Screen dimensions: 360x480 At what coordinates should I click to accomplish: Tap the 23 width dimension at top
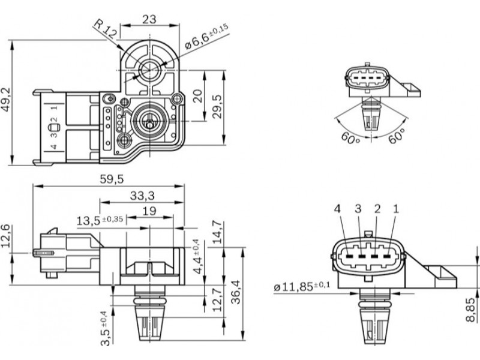[149, 19]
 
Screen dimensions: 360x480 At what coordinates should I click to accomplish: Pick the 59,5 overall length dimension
[112, 179]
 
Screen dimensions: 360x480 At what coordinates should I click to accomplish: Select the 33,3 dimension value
[142, 195]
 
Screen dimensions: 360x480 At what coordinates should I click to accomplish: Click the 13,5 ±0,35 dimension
[100, 220]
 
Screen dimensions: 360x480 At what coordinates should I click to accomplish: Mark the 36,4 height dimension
[235, 293]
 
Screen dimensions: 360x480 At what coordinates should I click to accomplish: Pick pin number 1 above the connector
[395, 209]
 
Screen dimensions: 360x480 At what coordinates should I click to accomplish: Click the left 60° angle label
[350, 137]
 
